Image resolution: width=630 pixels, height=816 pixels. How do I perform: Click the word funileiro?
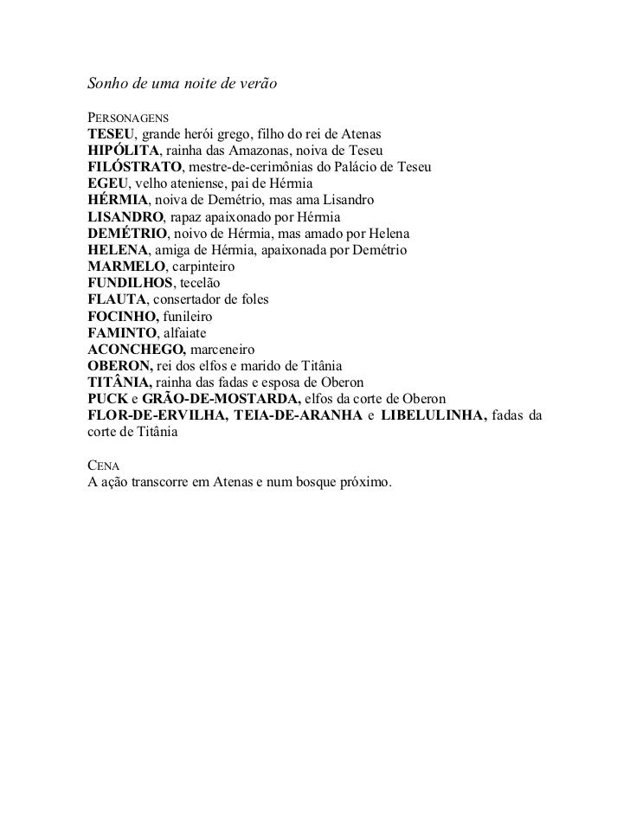pyautogui.click(x=188, y=317)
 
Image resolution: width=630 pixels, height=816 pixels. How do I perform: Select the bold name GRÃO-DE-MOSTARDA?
pyautogui.click(x=222, y=399)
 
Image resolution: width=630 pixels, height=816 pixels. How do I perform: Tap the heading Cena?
pyautogui.click(x=106, y=466)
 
